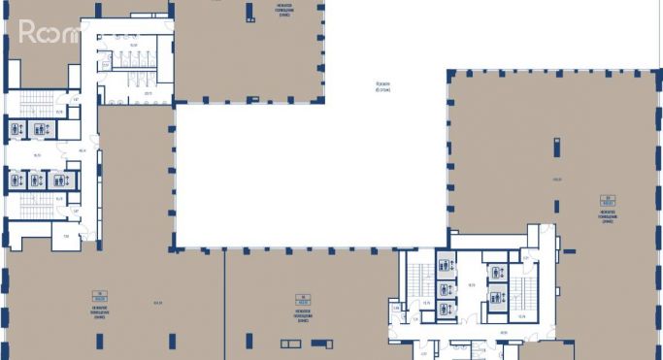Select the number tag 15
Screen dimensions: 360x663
tap(304, 295)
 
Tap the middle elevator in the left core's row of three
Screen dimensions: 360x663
tap(36, 179)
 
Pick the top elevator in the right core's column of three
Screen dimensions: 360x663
tap(445, 265)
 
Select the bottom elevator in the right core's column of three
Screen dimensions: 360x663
tap(445, 309)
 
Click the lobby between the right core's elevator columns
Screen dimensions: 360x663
tap(471, 287)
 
